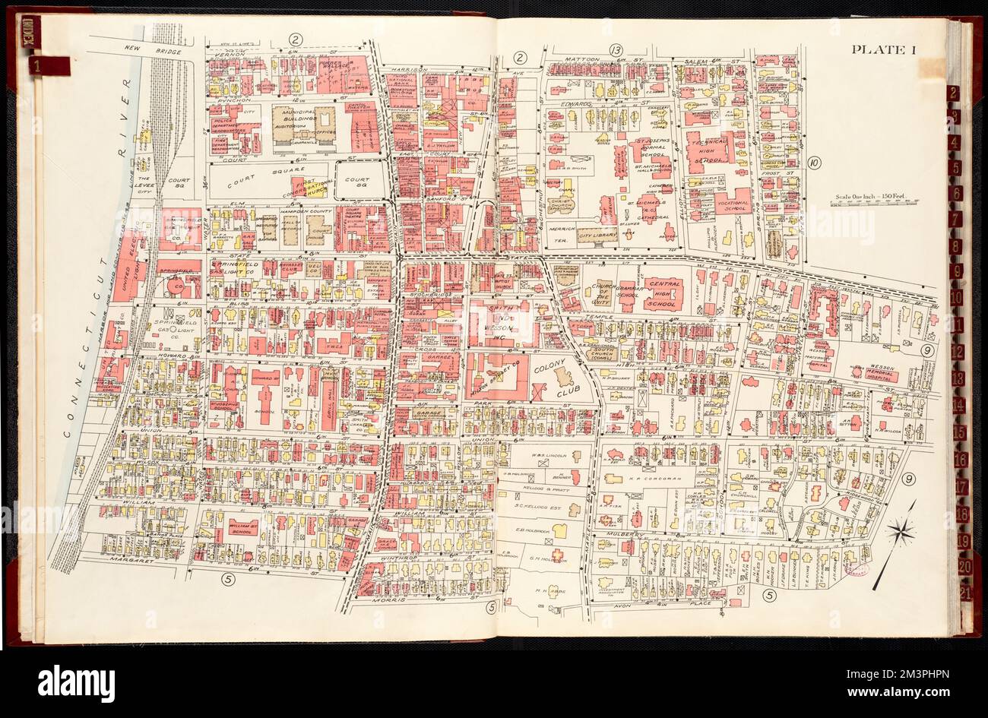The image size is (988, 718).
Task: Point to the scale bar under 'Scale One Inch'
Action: [x=874, y=202]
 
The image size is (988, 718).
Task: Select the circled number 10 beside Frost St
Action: [x=814, y=162]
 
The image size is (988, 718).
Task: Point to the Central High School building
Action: [x=664, y=293]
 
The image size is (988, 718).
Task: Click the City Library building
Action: [x=597, y=237]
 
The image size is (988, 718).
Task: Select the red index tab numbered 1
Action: [x=48, y=66]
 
